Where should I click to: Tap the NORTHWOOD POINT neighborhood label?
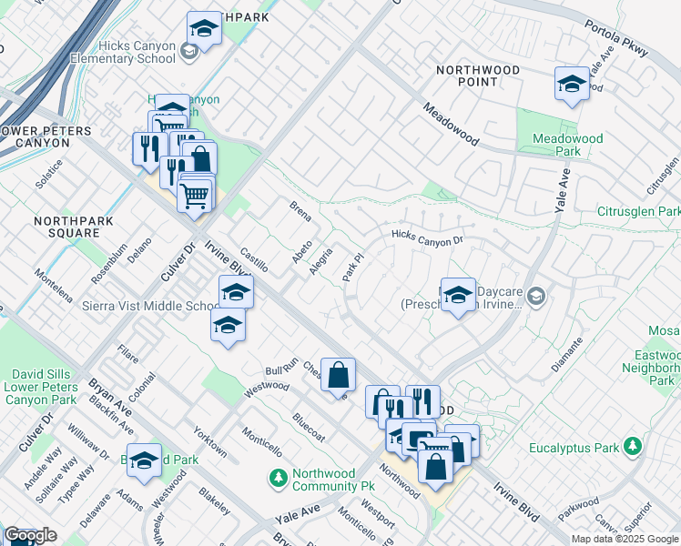click(478, 76)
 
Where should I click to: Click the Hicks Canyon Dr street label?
click(427, 238)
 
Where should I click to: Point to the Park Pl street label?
click(352, 267)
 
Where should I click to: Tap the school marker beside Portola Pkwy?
click(571, 86)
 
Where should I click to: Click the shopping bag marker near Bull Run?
click(338, 375)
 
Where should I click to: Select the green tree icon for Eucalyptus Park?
click(632, 448)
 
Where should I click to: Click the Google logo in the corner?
click(30, 535)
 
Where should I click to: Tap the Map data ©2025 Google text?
click(625, 539)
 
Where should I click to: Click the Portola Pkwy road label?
click(618, 43)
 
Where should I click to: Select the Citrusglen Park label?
click(640, 211)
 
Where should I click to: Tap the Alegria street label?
click(320, 260)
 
